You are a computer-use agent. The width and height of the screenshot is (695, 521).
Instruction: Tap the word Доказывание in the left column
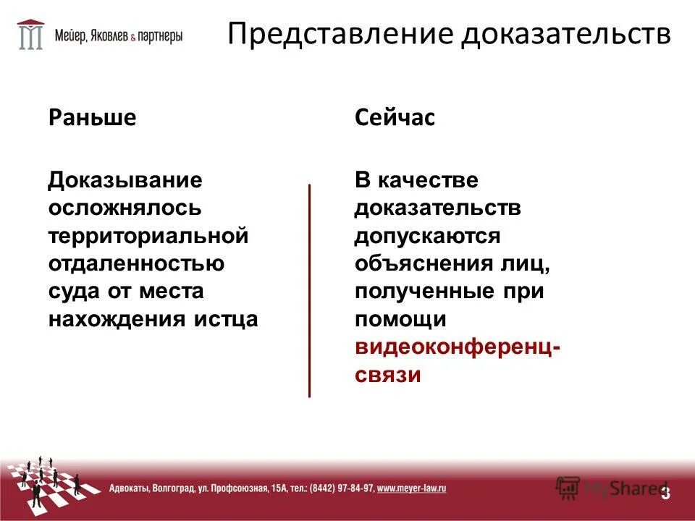click(x=125, y=179)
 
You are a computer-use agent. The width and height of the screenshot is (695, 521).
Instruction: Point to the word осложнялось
click(x=125, y=208)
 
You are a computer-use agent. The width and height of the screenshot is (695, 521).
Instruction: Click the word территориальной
click(x=148, y=236)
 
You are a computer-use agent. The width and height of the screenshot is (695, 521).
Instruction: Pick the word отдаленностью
click(x=136, y=263)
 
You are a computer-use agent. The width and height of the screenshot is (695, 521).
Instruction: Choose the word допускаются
click(x=427, y=236)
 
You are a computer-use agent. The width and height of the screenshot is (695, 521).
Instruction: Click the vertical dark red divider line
click(x=309, y=289)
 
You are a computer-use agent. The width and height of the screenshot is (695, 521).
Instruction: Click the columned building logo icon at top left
click(x=30, y=34)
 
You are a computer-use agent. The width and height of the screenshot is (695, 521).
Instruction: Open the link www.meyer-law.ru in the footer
click(x=411, y=488)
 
